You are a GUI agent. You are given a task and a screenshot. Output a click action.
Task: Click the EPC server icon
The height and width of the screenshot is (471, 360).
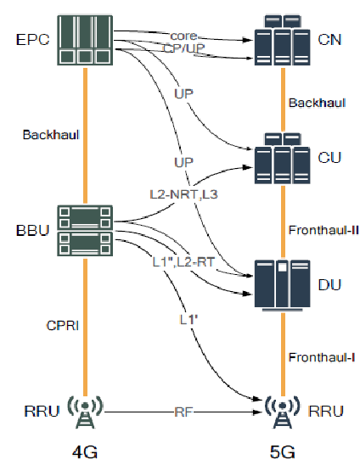click(x=86, y=40)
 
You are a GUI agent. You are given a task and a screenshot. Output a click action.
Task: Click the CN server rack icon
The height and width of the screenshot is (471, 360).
click(x=282, y=40)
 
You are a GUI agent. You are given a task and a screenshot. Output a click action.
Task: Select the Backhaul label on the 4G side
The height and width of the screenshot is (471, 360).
click(x=48, y=135)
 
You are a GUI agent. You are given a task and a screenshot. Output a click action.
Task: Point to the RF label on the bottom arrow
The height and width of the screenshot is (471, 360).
click(x=183, y=412)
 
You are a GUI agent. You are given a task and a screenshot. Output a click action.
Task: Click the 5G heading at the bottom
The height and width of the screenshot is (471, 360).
click(x=283, y=452)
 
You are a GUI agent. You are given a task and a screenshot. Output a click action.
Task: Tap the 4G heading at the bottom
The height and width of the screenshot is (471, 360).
click(x=86, y=452)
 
